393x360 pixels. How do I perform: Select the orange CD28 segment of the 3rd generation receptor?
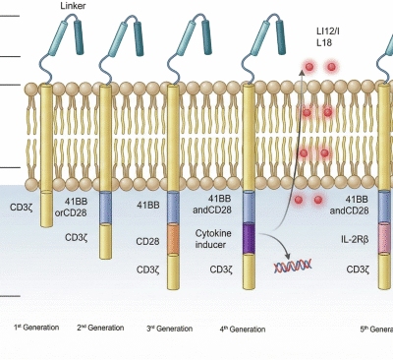pos(174,238)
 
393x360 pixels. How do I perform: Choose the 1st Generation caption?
pos(36,327)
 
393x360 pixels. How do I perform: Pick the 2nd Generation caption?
pos(100,327)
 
